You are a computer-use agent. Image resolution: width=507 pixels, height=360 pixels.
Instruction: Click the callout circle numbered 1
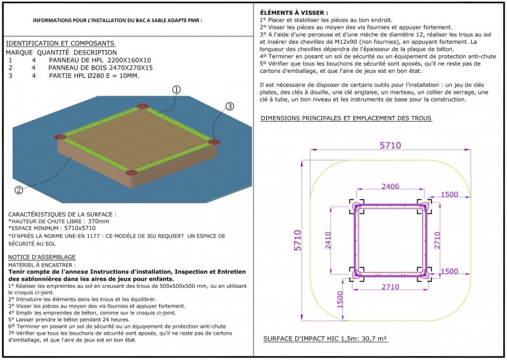(x=176, y=91)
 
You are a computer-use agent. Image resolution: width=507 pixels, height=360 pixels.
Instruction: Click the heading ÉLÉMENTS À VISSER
(x=294, y=13)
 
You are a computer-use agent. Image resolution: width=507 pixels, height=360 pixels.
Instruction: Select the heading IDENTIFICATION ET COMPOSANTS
(x=60, y=43)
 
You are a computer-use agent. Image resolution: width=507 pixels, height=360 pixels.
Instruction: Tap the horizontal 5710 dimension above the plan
(x=391, y=146)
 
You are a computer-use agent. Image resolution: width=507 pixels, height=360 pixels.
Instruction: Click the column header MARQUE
(x=19, y=52)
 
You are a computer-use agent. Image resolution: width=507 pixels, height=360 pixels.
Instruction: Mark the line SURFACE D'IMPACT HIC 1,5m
(x=324, y=339)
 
